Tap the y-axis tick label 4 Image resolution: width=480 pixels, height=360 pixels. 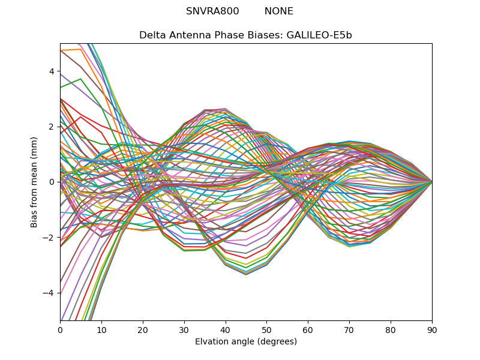tap(52, 71)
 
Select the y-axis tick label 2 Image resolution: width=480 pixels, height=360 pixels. tap(52, 127)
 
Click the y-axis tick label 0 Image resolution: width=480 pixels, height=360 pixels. tap(52, 182)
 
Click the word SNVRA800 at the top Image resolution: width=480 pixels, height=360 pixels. tap(212, 11)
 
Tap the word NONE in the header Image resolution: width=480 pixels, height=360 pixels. tap(279, 11)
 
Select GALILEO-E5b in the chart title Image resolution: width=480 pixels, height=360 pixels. tap(319, 35)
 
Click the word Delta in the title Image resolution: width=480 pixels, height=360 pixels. tap(152, 35)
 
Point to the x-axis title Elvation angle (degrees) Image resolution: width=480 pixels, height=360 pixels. tap(246, 342)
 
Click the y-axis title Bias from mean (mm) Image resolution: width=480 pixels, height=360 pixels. tap(35, 181)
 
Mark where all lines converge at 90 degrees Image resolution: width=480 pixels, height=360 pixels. tap(432, 182)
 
